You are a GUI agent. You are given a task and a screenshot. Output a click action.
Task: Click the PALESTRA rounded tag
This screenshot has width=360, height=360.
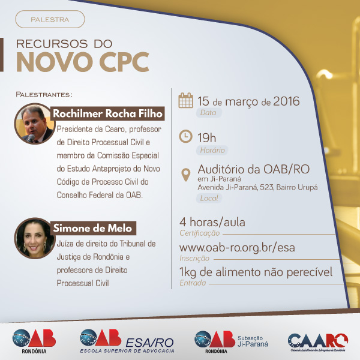point(50,19)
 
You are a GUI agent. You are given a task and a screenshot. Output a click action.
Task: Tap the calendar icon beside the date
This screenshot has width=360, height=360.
point(186,100)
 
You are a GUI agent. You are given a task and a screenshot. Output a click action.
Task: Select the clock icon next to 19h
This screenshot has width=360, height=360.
point(185,136)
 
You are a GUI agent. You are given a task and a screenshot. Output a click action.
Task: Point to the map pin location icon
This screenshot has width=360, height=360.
point(186,175)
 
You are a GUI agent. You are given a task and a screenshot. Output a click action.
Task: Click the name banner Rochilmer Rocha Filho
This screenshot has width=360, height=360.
point(107,113)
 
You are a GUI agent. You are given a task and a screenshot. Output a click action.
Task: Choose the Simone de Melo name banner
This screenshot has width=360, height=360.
point(93,228)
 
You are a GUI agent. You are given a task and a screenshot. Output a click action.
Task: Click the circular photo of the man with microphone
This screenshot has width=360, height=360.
point(34,124)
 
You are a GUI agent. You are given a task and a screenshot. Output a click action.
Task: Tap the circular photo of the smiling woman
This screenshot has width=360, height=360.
point(34,238)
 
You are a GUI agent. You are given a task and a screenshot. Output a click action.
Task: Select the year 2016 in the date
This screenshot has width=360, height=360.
point(286,101)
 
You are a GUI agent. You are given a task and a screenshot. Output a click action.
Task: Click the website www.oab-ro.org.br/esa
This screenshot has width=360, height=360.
point(237,248)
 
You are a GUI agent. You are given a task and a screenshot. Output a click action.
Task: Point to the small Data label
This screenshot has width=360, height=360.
point(208,113)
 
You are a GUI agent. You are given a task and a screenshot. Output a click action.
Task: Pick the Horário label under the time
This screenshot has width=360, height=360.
point(212,150)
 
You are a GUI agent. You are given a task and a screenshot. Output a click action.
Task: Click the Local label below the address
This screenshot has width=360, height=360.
point(209,198)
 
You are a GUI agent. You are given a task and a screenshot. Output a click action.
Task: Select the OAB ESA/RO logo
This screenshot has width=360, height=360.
point(127,341)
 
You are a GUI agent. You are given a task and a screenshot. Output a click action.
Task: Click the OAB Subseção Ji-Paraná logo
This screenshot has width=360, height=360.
point(231,342)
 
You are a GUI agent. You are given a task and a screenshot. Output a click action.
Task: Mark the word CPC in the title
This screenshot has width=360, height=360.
point(124,62)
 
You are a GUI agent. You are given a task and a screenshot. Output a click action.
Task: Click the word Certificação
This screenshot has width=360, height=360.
point(200,233)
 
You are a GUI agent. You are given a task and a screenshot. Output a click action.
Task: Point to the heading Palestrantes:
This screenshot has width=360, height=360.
point(44,95)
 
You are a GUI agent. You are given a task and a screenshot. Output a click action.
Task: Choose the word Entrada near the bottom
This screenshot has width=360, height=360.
point(193,283)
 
